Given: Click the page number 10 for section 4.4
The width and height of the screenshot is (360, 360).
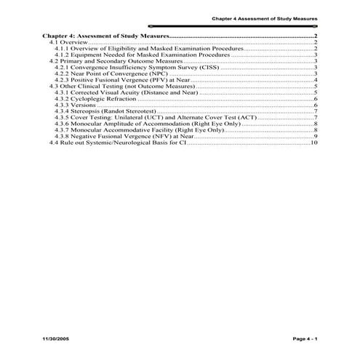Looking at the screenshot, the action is (x=313, y=143).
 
